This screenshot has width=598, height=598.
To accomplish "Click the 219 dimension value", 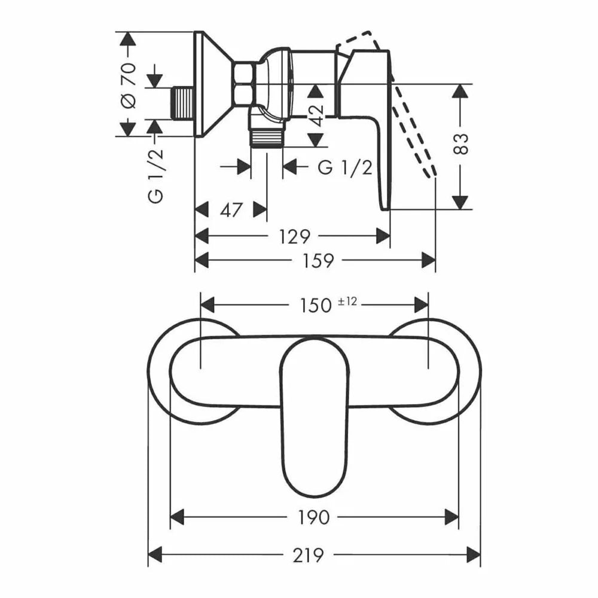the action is click(x=308, y=555).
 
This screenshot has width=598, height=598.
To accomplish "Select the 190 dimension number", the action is click(x=313, y=517).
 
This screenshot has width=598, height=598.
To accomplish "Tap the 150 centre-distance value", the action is click(x=315, y=306).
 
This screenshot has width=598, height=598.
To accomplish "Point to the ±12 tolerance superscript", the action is click(x=347, y=301).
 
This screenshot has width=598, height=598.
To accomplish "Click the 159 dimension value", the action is click(x=318, y=261).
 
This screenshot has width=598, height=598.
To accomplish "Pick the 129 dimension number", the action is click(x=295, y=237).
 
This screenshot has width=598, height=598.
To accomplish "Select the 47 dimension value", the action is click(x=231, y=210).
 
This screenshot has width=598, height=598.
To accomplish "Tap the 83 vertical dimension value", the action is click(x=461, y=144).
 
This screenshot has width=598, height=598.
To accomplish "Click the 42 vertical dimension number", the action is click(x=316, y=115).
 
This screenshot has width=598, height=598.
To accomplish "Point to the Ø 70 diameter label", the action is click(x=128, y=85).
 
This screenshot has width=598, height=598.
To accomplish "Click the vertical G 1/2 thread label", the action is click(x=155, y=176).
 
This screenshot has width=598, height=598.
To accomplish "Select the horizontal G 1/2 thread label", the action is click(x=345, y=167).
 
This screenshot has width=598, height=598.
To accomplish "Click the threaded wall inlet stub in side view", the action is click(x=184, y=103).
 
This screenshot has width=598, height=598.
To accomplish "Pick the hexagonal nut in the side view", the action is click(x=244, y=83).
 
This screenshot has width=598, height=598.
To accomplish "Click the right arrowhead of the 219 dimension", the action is click(x=473, y=554).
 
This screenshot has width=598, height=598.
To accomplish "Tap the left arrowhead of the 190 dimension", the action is click(x=177, y=517).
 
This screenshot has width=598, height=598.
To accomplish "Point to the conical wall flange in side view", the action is click(x=213, y=84).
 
